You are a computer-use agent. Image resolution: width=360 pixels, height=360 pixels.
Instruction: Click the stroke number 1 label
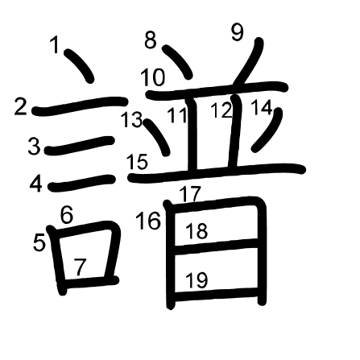tap(55, 44)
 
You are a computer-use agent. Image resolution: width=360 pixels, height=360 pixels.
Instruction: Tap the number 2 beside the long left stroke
tap(20, 106)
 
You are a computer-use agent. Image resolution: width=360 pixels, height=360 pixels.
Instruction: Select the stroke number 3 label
tap(34, 147)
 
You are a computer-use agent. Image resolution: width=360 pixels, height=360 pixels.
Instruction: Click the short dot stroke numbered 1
tap(80, 65)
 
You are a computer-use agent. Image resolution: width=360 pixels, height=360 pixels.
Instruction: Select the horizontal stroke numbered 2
tap(80, 106)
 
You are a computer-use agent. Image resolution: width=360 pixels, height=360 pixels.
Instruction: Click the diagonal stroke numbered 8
tap(178, 61)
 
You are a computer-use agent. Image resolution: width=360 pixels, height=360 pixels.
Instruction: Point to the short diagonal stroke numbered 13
tap(157, 137)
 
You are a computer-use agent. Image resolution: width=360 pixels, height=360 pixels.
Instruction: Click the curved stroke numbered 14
tap(268, 130)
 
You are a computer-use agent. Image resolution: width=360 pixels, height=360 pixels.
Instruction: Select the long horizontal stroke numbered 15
tap(217, 173)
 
